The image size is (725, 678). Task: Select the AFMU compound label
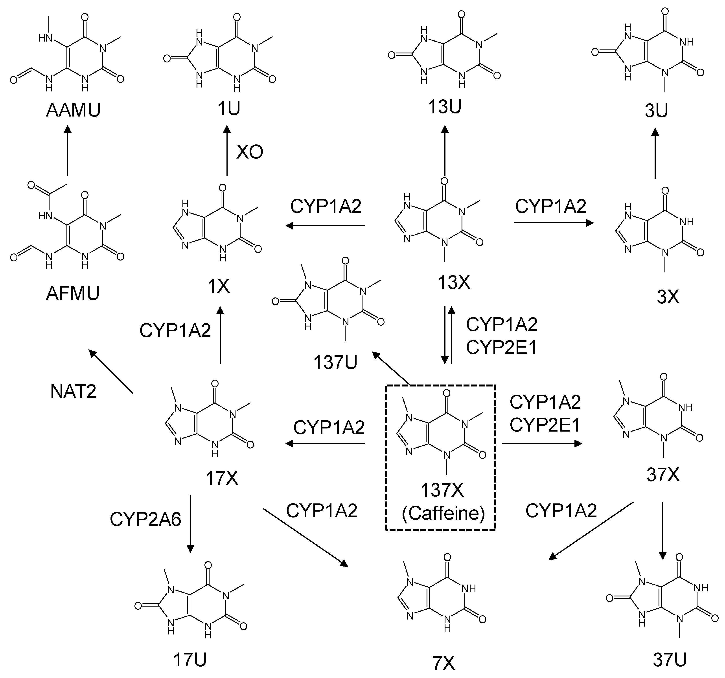(x=73, y=293)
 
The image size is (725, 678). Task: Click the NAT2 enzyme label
(x=73, y=392)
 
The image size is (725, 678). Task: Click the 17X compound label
(x=222, y=478)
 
